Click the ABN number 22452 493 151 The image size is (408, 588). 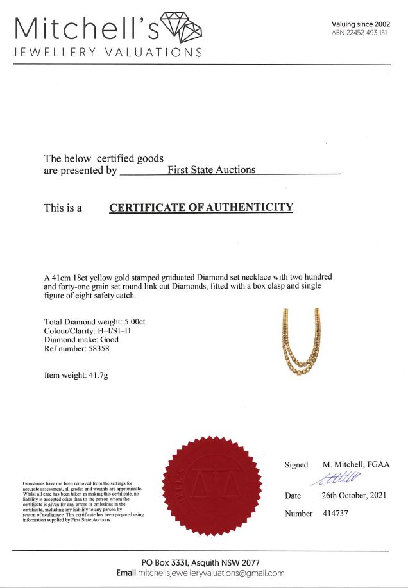pyautogui.click(x=360, y=33)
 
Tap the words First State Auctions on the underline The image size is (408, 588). pyautogui.click(x=212, y=170)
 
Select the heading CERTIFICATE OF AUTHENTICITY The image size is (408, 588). pyautogui.click(x=201, y=208)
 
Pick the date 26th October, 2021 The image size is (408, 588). pyautogui.click(x=354, y=496)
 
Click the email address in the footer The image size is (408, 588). pyautogui.click(x=210, y=573)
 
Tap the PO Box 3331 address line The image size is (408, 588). pyautogui.click(x=201, y=562)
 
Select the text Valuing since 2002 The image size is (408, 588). pyautogui.click(x=361, y=24)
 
